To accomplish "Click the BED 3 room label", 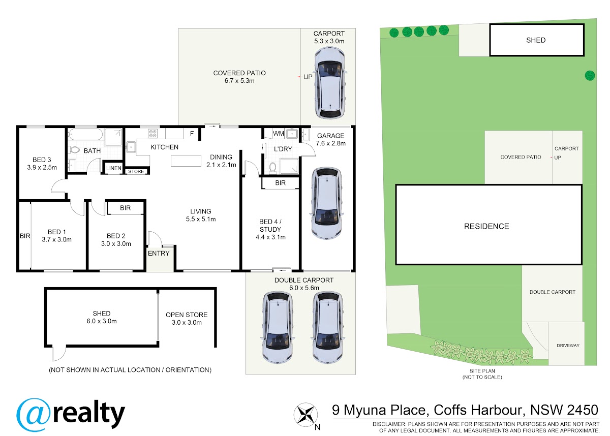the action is tap(42, 160).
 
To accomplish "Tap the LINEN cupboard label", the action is tap(114, 168).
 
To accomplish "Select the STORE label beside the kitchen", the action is tap(136, 171).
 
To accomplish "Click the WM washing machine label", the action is tap(279, 134).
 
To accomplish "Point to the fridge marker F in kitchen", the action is tap(192, 133).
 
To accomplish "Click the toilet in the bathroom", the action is tap(74, 150).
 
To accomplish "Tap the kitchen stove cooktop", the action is tap(153, 133).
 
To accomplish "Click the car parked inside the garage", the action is tap(326, 203).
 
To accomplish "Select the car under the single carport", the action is tap(330, 83).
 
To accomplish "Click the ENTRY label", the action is tap(159, 254).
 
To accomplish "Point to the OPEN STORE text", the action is tap(187, 315).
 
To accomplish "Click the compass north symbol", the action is tap(306, 415).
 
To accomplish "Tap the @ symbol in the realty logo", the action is tap(34, 415).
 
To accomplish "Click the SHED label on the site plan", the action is tap(536, 40).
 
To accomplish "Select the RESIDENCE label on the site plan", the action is tap(486, 227).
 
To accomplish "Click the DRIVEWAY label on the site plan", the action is tap(568, 346).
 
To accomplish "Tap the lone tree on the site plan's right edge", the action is tap(590, 75).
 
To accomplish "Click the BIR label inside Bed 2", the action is tap(125, 208).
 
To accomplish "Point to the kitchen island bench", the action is tap(186, 161).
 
